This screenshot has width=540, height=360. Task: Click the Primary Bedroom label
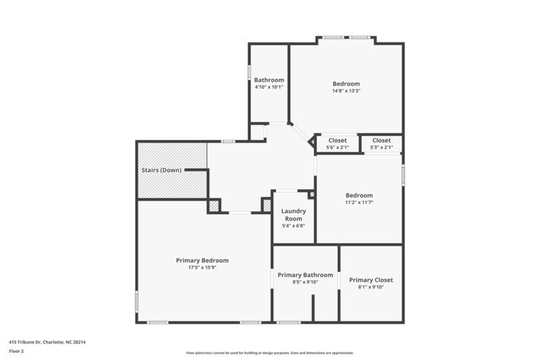pyautogui.click(x=202, y=260)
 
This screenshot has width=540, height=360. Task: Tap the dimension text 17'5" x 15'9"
pyautogui.click(x=202, y=267)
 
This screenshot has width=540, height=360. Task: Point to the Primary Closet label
pyautogui.click(x=371, y=280)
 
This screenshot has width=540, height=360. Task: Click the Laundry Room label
pyautogui.click(x=293, y=215)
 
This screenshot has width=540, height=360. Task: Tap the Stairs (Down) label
pyautogui.click(x=161, y=170)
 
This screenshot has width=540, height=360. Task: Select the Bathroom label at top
pyautogui.click(x=269, y=80)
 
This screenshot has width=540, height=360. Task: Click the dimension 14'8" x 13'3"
pyautogui.click(x=346, y=91)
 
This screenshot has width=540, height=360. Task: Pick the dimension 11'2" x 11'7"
pyautogui.click(x=359, y=203)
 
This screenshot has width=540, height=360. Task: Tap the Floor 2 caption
pyautogui.click(x=17, y=351)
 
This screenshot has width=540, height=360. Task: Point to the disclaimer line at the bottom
pyautogui.click(x=269, y=353)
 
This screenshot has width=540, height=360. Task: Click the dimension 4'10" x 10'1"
pyautogui.click(x=269, y=87)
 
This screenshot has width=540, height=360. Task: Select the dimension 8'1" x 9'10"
pyautogui.click(x=371, y=287)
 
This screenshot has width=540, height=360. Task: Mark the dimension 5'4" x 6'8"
pyautogui.click(x=293, y=226)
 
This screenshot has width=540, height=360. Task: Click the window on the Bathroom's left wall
pyautogui.click(x=249, y=72)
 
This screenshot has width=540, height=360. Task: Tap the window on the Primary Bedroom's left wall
pyautogui.click(x=137, y=301)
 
